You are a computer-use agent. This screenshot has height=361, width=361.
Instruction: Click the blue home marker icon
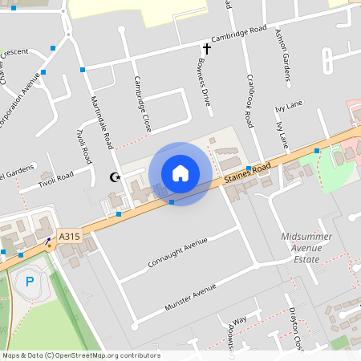coord(180,173)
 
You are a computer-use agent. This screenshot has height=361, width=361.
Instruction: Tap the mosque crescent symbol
coord(115,176)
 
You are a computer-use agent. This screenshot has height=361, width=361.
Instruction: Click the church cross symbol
coord(206,50)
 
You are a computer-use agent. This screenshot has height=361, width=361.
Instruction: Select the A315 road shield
coord(70,237)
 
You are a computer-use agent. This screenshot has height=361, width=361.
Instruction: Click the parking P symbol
coord(30,282)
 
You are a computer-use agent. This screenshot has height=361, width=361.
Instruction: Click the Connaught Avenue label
coord(178,253)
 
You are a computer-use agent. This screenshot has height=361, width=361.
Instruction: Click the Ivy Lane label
coord(286,104)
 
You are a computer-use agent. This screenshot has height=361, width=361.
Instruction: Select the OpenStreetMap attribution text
coord(81,355)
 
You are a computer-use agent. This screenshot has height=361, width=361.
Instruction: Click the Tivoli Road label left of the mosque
coord(55,180)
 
